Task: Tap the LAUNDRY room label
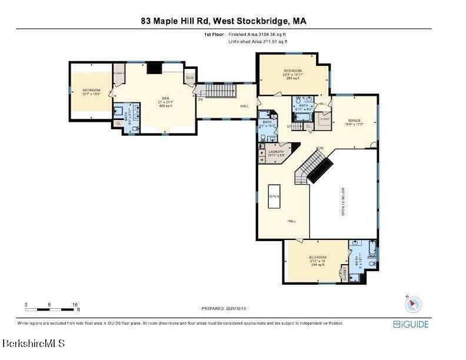pyautogui.click(x=276, y=152)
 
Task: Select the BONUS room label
pyautogui.click(x=353, y=121)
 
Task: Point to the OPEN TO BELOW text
pyautogui.click(x=344, y=202)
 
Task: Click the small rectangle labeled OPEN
pyautogui.click(x=274, y=196)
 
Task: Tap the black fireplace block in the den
pyautogui.click(x=154, y=68)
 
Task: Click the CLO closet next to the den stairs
pyautogui.click(x=189, y=78)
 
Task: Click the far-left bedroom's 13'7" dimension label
pyautogui.click(x=91, y=94)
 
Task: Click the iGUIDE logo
pyautogui.click(x=411, y=324)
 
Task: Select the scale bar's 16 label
pyautogui.click(x=75, y=304)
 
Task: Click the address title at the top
pyautogui.click(x=224, y=21)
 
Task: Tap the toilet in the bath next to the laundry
pyautogui.click(x=271, y=138)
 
